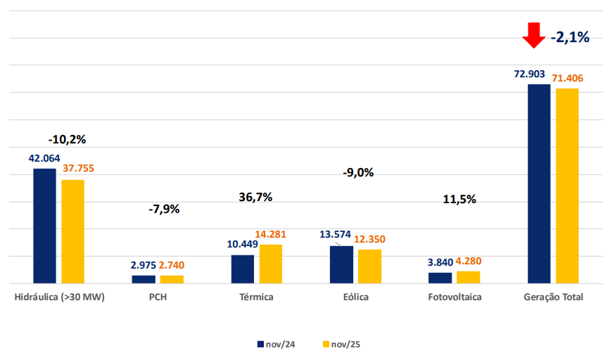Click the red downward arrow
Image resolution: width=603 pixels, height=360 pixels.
(534, 34)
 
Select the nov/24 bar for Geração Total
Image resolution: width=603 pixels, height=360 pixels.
(539, 184)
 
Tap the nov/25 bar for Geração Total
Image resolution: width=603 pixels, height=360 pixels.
(567, 186)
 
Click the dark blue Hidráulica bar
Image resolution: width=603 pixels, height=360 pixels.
(44, 226)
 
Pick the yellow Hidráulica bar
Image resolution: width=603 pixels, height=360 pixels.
(72, 231)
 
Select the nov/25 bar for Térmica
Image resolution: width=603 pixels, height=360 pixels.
(270, 264)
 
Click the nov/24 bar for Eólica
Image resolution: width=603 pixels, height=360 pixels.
(341, 264)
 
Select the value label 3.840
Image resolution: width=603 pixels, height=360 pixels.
(440, 262)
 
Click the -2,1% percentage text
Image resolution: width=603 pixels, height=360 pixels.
(570, 37)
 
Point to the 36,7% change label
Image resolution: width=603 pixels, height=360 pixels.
(255, 197)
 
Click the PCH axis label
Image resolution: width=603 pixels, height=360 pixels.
(158, 297)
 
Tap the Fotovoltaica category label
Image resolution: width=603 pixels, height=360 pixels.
(455, 297)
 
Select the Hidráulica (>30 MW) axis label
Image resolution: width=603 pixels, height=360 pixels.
(59, 297)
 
